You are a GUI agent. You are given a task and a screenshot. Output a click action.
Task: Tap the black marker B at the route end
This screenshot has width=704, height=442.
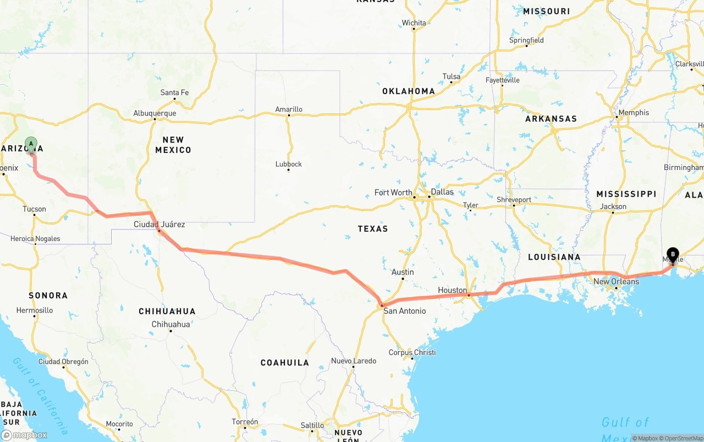tap(673, 255)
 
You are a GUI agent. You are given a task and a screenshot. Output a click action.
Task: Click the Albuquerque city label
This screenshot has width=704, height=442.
tap(155, 113)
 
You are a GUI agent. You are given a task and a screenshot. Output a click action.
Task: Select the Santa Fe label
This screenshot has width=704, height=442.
tap(174, 92)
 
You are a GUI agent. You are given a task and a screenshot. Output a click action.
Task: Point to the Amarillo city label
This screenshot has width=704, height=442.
tap(289, 110)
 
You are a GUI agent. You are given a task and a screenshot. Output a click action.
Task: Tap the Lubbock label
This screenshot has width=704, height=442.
tap(289, 164)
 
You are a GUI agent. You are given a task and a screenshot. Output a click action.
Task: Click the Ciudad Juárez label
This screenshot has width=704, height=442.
tap(159, 224)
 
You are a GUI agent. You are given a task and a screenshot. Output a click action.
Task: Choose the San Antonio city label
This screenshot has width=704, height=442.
tap(405, 311)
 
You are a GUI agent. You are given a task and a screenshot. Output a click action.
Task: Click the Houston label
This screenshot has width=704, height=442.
tap(452, 290)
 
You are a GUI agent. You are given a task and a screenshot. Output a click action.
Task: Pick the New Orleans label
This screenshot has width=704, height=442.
tap(616, 281)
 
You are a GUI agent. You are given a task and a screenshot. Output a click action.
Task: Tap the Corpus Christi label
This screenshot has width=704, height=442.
tap(412, 352)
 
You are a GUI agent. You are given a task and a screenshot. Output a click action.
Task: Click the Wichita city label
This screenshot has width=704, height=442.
tap(414, 23)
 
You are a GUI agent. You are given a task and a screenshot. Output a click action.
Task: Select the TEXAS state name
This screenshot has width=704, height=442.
tap(373, 228)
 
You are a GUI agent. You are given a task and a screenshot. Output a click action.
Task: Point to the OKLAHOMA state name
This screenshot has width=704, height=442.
tap(409, 91)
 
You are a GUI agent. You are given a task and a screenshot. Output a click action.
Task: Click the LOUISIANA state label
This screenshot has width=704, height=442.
tap(554, 257)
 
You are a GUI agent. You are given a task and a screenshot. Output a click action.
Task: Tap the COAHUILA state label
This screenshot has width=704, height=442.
tap(285, 363)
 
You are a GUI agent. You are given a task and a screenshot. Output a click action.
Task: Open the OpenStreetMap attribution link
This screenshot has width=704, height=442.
tap(683, 439)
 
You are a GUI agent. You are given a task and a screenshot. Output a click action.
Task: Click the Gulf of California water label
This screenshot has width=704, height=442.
tap(41, 394)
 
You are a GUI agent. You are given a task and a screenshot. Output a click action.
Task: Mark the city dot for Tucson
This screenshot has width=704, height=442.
tap(35, 215)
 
